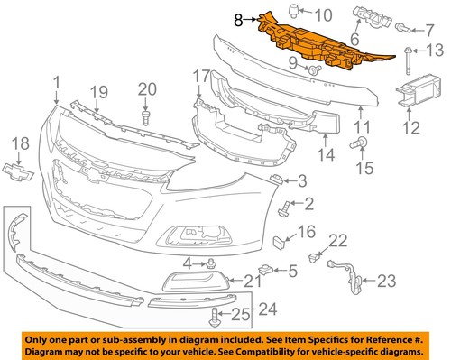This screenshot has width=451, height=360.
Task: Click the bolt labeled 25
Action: tap(214, 316)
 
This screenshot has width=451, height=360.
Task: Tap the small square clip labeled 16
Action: tap(279, 241)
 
